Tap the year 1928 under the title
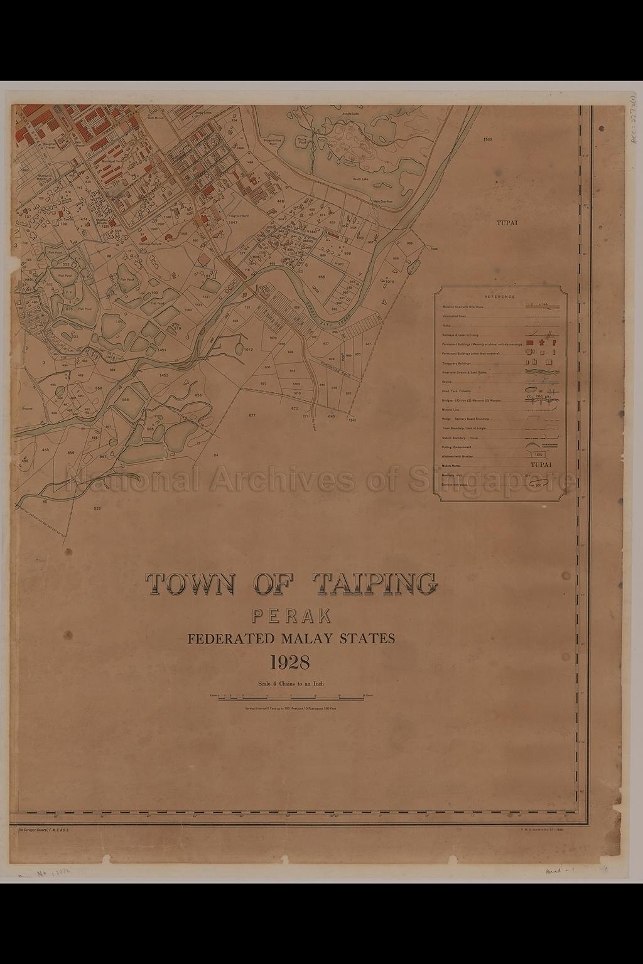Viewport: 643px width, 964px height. [291, 662]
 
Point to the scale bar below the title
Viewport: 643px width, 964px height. [291, 696]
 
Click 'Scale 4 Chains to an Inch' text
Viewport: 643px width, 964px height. [291, 683]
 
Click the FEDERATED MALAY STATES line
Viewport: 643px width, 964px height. [291, 640]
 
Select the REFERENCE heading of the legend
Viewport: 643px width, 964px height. [499, 297]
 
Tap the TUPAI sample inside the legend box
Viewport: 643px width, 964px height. [541, 465]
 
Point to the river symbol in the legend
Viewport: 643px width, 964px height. [540, 372]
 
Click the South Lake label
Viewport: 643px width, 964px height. [360, 179]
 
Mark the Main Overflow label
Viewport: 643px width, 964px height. [382, 201]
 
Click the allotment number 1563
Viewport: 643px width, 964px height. [488, 139]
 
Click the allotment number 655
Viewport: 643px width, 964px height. [321, 277]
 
